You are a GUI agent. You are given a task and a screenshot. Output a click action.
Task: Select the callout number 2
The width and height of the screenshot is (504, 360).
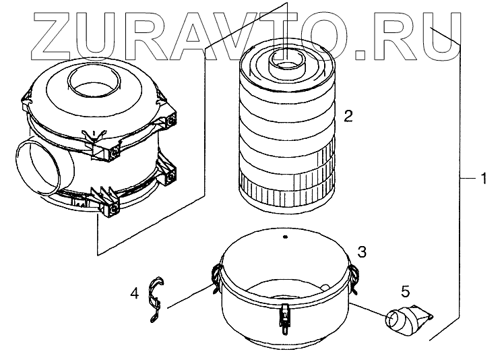pyautogui.click(x=348, y=116)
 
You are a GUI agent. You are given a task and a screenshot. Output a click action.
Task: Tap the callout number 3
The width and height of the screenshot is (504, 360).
pyautogui.click(x=362, y=252)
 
